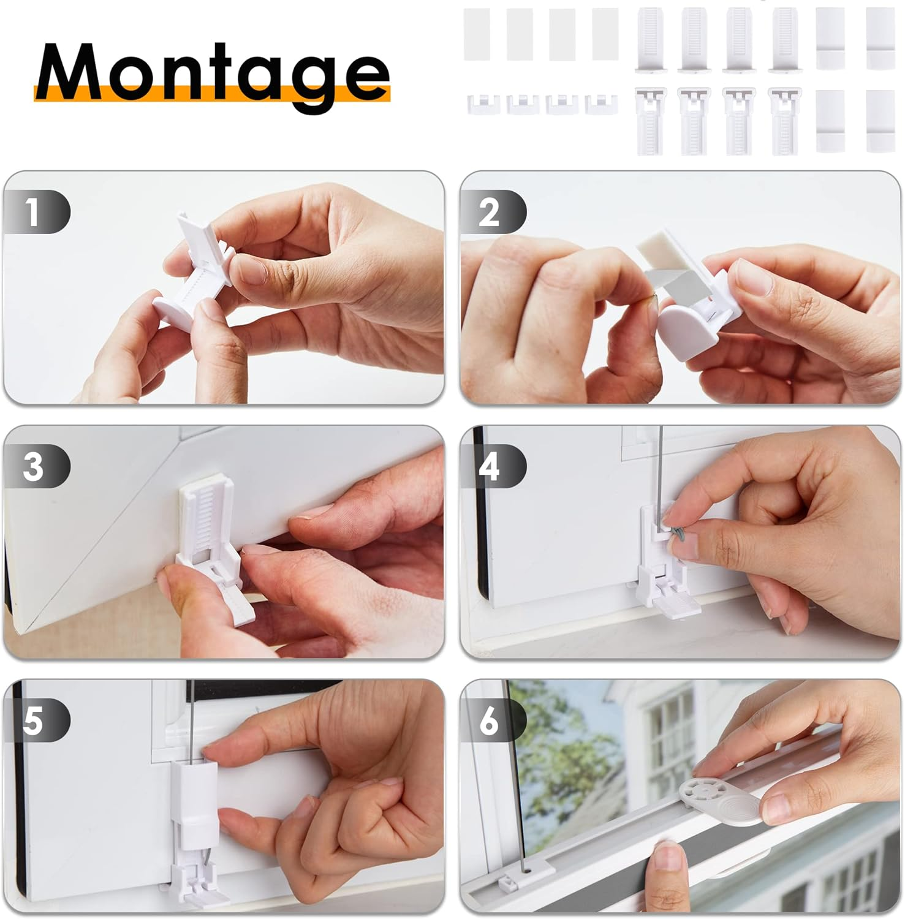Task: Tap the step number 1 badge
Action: pyautogui.click(x=36, y=212)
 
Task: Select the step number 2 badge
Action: pyautogui.click(x=493, y=212)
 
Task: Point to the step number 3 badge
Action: pyautogui.click(x=36, y=466)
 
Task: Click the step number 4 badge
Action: pyautogui.click(x=493, y=466)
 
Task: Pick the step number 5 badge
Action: pyautogui.click(x=36, y=720)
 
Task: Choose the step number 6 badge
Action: pyautogui.click(x=493, y=720)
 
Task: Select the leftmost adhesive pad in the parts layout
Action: pyautogui.click(x=477, y=34)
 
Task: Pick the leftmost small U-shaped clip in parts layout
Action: pyautogui.click(x=483, y=104)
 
